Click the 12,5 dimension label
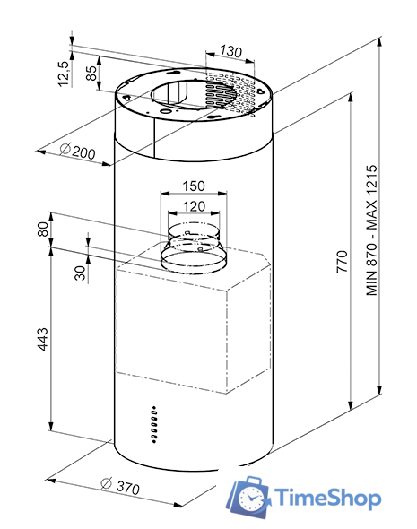tap(64, 74)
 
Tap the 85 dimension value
tap(91, 74)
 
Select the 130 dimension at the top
tap(230, 51)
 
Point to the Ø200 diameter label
tap(77, 152)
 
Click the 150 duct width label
tap(194, 186)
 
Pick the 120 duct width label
tap(194, 206)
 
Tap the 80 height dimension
tap(43, 229)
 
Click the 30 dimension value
tap(80, 273)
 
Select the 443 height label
tap(42, 339)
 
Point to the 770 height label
tap(342, 262)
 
